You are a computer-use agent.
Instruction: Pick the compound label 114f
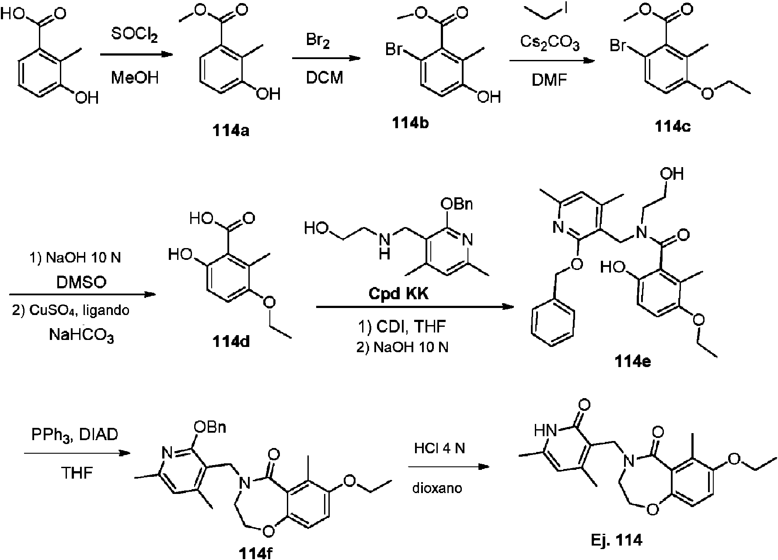pos(258,553)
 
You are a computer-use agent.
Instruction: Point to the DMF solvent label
pos(550,80)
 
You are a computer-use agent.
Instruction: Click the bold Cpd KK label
pos(399,294)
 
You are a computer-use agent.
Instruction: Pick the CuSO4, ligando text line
pos(70,311)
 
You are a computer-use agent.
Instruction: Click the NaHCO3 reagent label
pos(82,336)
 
